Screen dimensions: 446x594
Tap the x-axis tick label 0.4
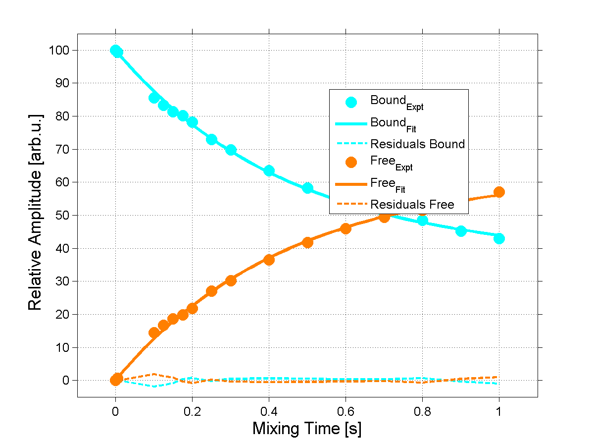pyautogui.click(x=269, y=411)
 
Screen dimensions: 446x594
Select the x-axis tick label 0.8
pyautogui.click(x=422, y=411)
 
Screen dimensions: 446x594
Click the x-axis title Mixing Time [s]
pyautogui.click(x=307, y=428)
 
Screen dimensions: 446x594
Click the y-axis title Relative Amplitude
pyautogui.click(x=36, y=212)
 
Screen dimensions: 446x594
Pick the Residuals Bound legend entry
pyautogui.click(x=417, y=144)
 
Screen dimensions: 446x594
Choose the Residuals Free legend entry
pyautogui.click(x=412, y=204)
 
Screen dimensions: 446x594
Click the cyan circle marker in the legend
pyautogui.click(x=350, y=103)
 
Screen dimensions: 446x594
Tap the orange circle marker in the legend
pyautogui.click(x=350, y=163)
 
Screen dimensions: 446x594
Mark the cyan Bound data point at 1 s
pyautogui.click(x=499, y=238)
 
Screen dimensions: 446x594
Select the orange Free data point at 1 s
pyautogui.click(x=499, y=192)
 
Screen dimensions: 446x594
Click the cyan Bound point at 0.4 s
pyautogui.click(x=269, y=171)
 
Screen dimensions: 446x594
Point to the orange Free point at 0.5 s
pyautogui.click(x=307, y=242)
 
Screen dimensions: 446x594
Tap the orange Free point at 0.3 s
pyautogui.click(x=231, y=280)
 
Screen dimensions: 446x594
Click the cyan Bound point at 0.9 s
pyautogui.click(x=461, y=231)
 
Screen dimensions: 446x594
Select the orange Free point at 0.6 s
pyautogui.click(x=346, y=228)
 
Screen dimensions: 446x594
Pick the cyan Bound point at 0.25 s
pyautogui.click(x=211, y=140)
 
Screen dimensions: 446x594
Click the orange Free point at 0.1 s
pyautogui.click(x=154, y=332)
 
